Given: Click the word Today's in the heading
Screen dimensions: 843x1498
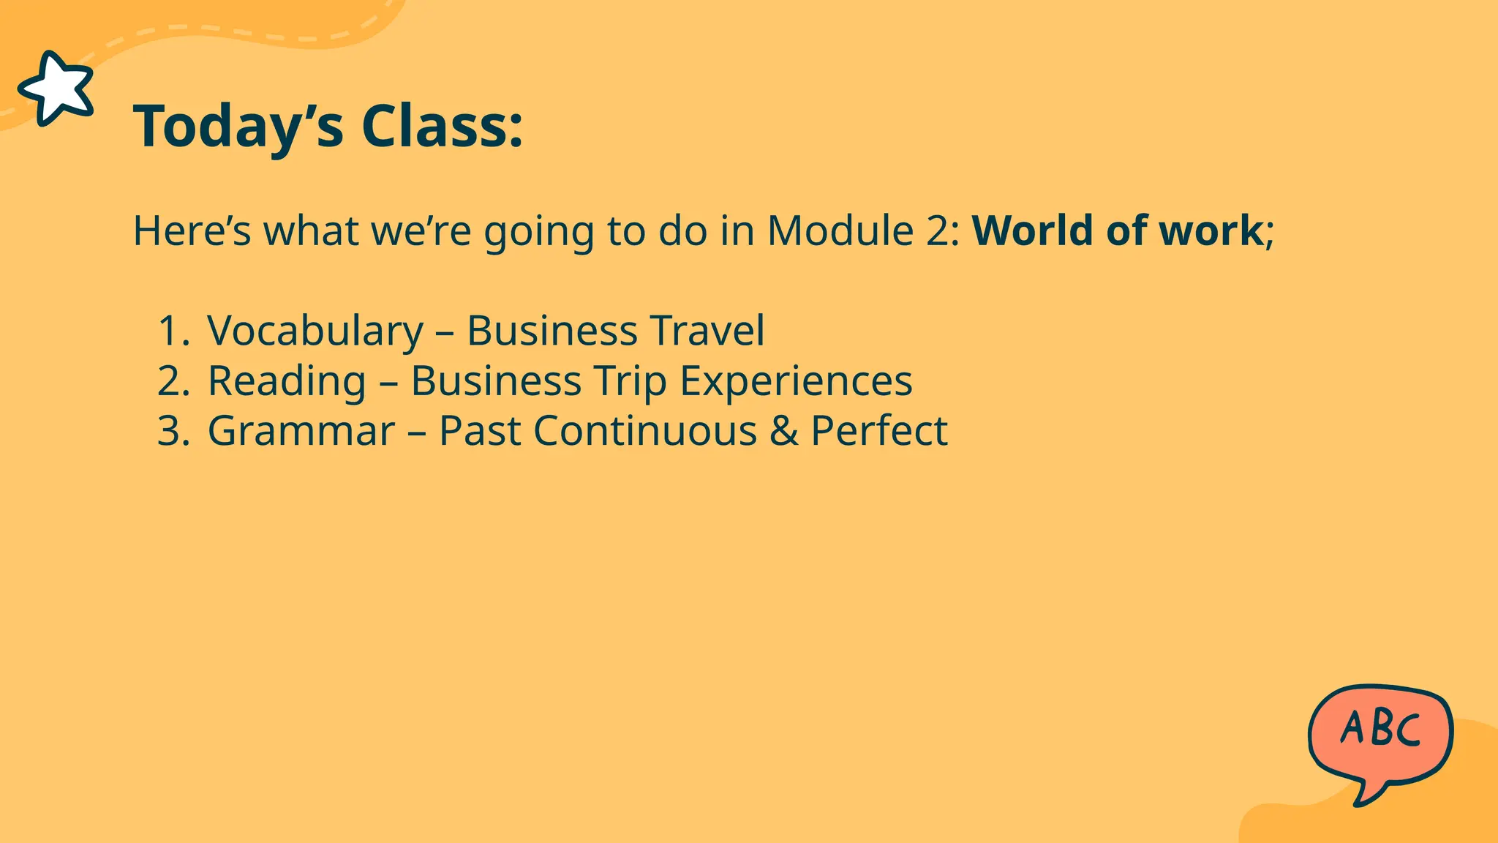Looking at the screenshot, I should pos(238,127).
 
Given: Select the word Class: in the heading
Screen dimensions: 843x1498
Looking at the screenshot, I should pos(442,126).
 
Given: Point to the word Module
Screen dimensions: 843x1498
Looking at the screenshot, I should pos(840,231).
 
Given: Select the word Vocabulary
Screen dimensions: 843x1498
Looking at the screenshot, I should pos(315,331).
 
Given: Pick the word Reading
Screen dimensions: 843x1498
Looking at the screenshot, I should pos(287,381).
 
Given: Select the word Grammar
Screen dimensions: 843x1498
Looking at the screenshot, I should pos(301,430).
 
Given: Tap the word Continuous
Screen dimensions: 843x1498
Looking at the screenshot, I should pos(645,430).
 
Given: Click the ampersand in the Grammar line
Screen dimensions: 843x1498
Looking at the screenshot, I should pos(783,430).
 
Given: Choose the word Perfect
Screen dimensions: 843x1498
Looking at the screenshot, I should pos(879,430).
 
